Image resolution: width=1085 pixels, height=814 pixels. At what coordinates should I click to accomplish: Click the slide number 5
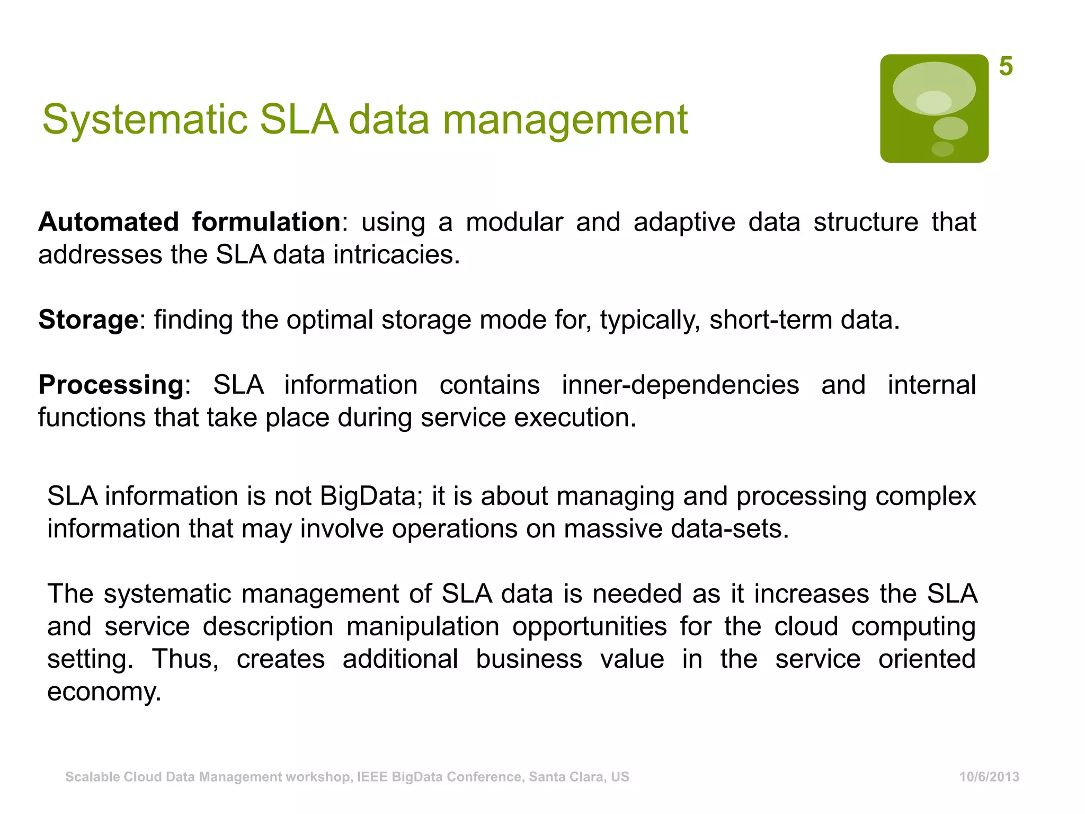(1006, 67)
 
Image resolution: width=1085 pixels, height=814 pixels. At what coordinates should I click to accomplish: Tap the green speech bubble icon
(934, 108)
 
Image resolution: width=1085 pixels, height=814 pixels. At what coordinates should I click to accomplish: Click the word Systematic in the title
(145, 120)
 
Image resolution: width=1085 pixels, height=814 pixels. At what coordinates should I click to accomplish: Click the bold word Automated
(109, 222)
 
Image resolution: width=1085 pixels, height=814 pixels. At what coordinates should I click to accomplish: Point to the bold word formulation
(266, 222)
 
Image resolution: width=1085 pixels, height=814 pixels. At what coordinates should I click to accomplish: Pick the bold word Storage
(88, 320)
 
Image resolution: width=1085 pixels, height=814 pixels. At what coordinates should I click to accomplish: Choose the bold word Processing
(111, 385)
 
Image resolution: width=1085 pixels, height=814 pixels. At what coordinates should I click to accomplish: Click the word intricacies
(396, 254)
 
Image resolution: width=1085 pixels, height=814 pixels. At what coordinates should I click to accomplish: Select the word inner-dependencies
(680, 385)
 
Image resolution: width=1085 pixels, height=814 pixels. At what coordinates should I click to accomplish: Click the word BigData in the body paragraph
(368, 496)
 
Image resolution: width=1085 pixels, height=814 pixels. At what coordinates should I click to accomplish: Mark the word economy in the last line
(104, 692)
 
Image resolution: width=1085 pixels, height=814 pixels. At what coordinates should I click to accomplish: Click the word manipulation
(423, 626)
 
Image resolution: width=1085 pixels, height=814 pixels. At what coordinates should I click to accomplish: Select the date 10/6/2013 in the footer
(989, 777)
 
